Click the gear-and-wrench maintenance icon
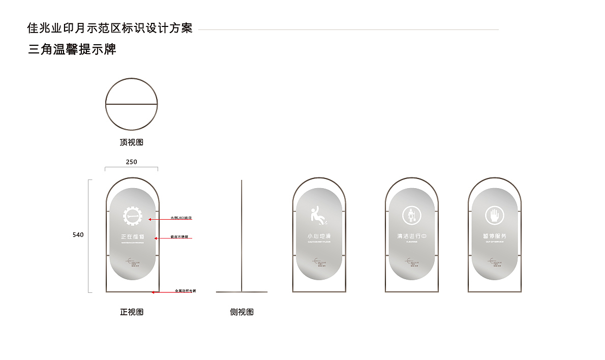pos(133,217)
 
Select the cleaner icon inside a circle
pos(411,216)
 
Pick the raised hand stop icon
pos(494,216)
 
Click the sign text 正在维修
pos(132,236)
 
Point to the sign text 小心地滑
pos(319,236)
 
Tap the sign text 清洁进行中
pos(412,236)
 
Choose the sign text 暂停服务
pos(495,236)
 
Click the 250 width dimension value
pos(131,162)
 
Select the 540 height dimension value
pos(78,235)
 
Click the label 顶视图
pos(132,142)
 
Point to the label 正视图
pos(132,312)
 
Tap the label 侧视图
pos(241,312)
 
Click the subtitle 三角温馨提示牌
pos(72,49)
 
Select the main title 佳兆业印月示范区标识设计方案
pos(110,28)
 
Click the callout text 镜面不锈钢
pos(179,237)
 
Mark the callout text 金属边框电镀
pos(185,291)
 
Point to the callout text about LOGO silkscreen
pos(181,218)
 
